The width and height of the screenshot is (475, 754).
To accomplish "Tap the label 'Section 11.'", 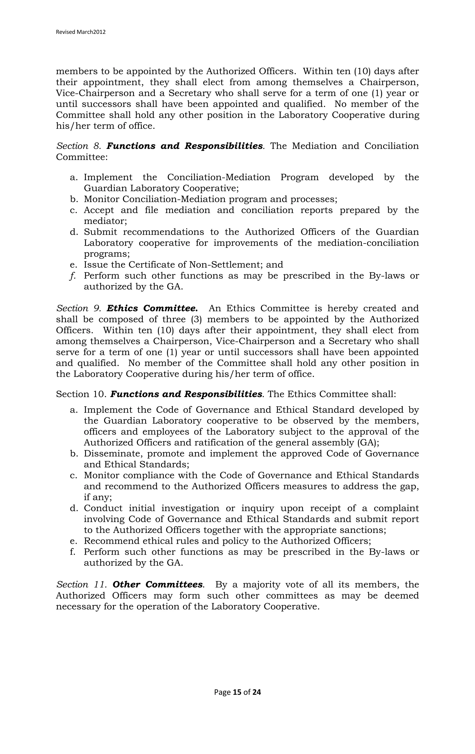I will pos(82,585).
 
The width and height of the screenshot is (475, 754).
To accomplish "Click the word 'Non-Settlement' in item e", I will pos(226,265).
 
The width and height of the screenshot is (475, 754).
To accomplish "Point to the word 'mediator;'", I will pos(105,221).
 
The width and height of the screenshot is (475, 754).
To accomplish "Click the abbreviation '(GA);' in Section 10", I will pos(368,443).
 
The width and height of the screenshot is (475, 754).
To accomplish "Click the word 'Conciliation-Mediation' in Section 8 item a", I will pos(218,178).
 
